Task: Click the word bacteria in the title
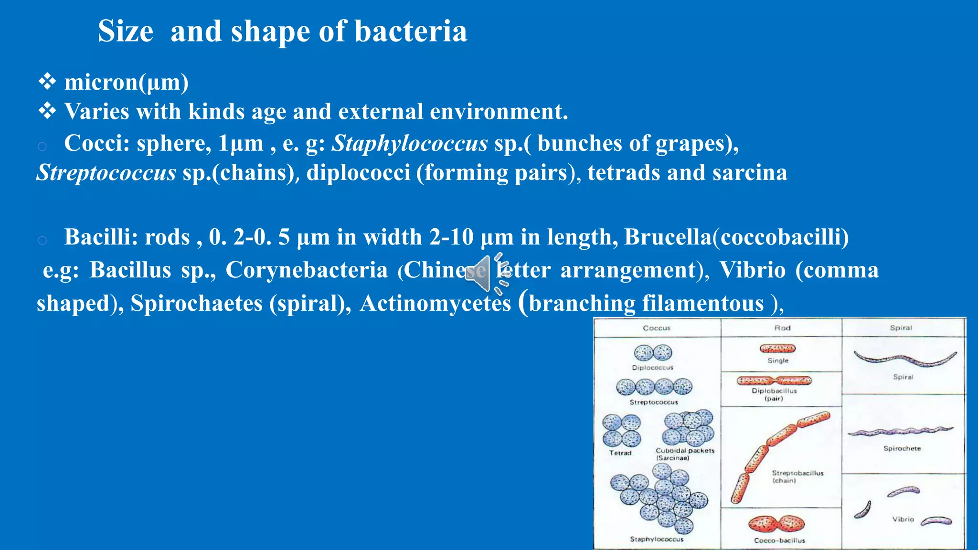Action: pyautogui.click(x=411, y=32)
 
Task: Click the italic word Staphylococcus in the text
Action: pyautogui.click(x=410, y=143)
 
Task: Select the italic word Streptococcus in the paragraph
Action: pyautogui.click(x=106, y=173)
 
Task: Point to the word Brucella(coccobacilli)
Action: pyautogui.click(x=736, y=237)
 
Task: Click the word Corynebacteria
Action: pyautogui.click(x=307, y=270)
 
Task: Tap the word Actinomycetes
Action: pyautogui.click(x=436, y=304)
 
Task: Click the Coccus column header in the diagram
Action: pyautogui.click(x=656, y=328)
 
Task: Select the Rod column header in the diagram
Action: pyautogui.click(x=782, y=328)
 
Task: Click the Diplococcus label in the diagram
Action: pyautogui.click(x=652, y=368)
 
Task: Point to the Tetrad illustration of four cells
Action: pyautogui.click(x=621, y=430)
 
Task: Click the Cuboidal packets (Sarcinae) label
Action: pyautogui.click(x=685, y=454)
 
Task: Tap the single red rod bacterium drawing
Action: pyautogui.click(x=777, y=349)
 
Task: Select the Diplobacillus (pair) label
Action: pyautogui.click(x=774, y=394)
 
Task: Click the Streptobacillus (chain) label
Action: pyautogui.click(x=797, y=476)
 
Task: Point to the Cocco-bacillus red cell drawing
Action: pyautogui.click(x=776, y=524)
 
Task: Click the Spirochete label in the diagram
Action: pyautogui.click(x=902, y=448)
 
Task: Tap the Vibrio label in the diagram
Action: pyautogui.click(x=903, y=519)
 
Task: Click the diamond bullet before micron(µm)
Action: pyautogui.click(x=47, y=82)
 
